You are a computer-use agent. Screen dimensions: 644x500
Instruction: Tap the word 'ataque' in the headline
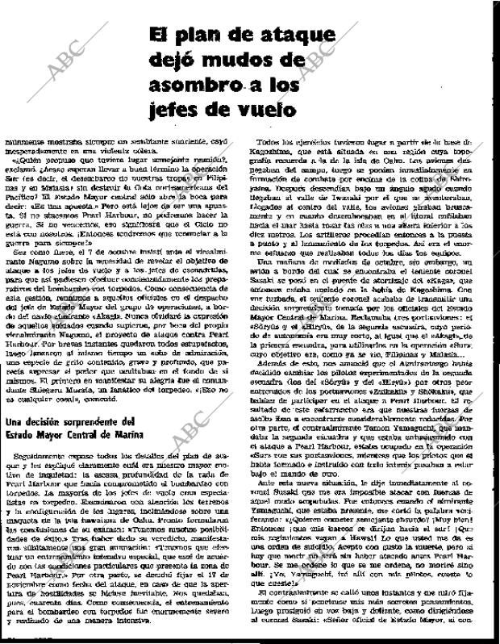click(294, 36)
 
